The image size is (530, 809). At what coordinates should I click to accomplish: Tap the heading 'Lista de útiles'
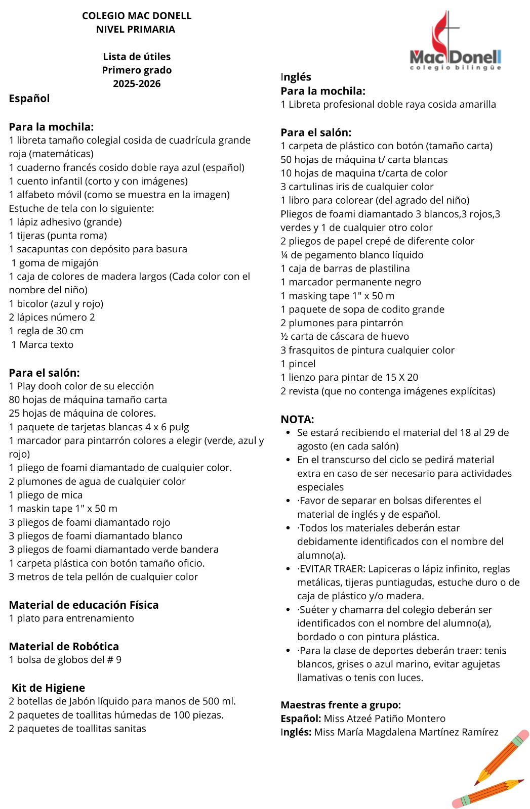pyautogui.click(x=137, y=57)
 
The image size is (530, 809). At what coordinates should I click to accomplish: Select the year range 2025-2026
pyautogui.click(x=137, y=83)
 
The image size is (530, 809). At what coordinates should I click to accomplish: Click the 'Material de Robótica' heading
pyautogui.click(x=64, y=646)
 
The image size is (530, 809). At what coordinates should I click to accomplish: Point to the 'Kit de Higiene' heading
pyautogui.click(x=48, y=688)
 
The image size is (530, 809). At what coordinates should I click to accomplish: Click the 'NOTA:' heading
pyautogui.click(x=297, y=419)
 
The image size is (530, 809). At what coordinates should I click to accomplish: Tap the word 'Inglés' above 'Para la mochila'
pyautogui.click(x=296, y=77)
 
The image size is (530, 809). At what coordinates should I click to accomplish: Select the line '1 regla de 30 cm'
pyautogui.click(x=46, y=331)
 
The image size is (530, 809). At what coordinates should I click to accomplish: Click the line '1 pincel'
pyautogui.click(x=298, y=364)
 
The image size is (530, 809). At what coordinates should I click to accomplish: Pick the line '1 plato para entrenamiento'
pyautogui.click(x=71, y=618)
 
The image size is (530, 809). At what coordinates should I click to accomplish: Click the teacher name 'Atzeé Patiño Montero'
pyautogui.click(x=385, y=718)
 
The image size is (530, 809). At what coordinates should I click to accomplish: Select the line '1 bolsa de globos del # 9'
pyautogui.click(x=65, y=659)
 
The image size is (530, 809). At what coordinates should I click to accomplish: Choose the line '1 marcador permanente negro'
pyautogui.click(x=351, y=282)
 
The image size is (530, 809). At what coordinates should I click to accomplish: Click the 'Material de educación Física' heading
pyautogui.click(x=84, y=605)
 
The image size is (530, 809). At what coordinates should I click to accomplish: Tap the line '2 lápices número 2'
pyautogui.click(x=52, y=317)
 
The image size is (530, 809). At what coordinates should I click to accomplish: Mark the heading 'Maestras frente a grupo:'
pyautogui.click(x=341, y=705)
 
